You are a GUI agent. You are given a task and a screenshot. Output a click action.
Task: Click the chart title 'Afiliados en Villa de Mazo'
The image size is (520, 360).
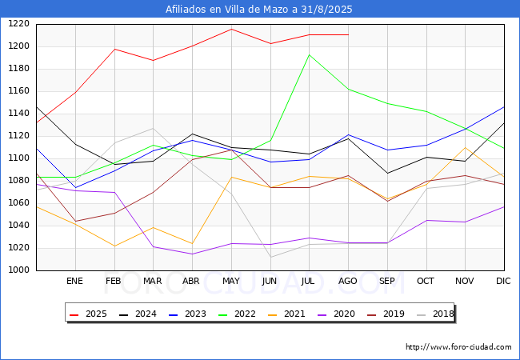pyautogui.click(x=231, y=10)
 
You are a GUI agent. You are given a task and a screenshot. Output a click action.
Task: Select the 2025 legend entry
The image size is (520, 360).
pyautogui.click(x=88, y=314)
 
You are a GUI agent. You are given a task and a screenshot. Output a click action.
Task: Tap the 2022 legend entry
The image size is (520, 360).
pyautogui.click(x=237, y=314)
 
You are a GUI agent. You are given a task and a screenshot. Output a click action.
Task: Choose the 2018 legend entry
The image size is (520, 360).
pyautogui.click(x=434, y=314)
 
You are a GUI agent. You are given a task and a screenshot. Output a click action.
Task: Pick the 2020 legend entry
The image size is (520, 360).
pyautogui.click(x=336, y=314)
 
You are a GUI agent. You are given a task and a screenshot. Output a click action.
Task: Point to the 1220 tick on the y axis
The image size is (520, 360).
pyautogui.click(x=18, y=24)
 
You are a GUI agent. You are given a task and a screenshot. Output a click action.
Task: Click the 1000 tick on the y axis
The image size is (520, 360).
pyautogui.click(x=18, y=270)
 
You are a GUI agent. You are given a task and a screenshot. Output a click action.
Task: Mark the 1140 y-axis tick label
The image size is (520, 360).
pyautogui.click(x=18, y=114)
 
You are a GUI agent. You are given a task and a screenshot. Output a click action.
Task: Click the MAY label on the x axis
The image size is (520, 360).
pyautogui.click(x=231, y=281)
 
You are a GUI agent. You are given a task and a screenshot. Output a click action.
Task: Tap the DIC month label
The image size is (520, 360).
pyautogui.click(x=503, y=281)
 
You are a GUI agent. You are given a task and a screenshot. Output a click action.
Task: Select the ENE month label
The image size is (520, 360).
pyautogui.click(x=74, y=281)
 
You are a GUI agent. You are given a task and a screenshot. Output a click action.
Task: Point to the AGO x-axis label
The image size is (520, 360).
pyautogui.click(x=347, y=281)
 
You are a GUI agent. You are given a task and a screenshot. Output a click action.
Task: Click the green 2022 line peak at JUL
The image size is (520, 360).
pyautogui.click(x=309, y=55)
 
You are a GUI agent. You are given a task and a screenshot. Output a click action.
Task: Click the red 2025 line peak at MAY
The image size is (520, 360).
pyautogui.click(x=231, y=29)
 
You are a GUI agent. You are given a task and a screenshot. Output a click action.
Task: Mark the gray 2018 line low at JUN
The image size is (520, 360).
pyautogui.click(x=270, y=257)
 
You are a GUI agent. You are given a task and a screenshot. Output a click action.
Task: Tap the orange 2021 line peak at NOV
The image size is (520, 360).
pyautogui.click(x=466, y=147)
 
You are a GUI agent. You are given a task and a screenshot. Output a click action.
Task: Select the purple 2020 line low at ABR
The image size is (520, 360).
pyautogui.click(x=192, y=254)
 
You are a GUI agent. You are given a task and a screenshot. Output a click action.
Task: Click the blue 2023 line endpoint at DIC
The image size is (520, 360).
pyautogui.click(x=504, y=107)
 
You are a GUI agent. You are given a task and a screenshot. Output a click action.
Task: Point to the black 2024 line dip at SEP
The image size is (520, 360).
pyautogui.click(x=387, y=173)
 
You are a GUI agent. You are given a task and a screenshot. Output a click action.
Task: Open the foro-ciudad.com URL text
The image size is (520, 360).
pyautogui.click(x=458, y=347)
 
